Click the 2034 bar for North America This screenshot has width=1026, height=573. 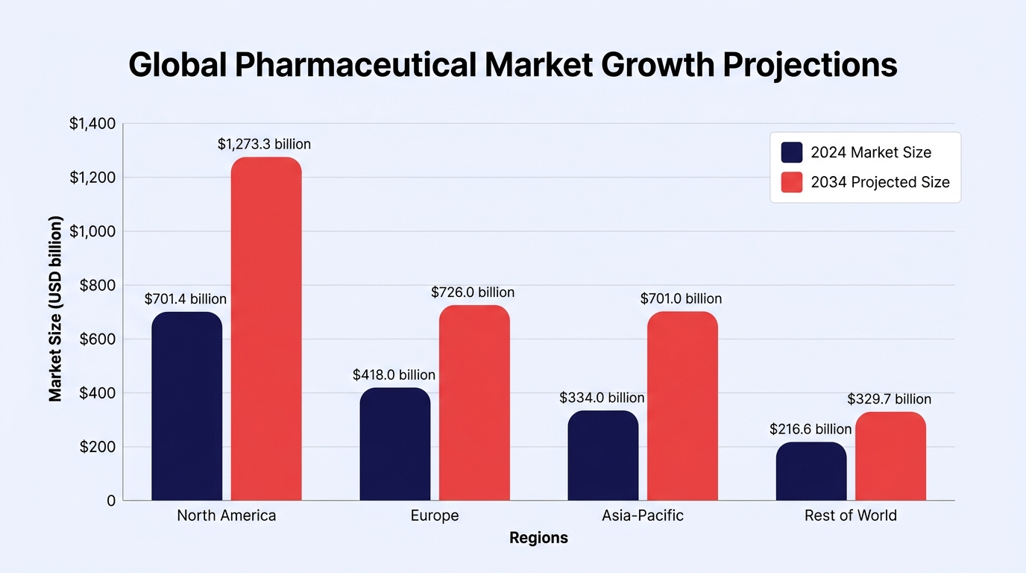pyautogui.click(x=266, y=329)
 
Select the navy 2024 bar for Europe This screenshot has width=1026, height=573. pyautogui.click(x=395, y=444)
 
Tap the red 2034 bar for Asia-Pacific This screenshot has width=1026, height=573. pyautogui.click(x=682, y=406)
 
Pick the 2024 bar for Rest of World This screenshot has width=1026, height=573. pyautogui.click(x=811, y=472)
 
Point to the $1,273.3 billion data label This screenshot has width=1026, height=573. pyautogui.click(x=264, y=145)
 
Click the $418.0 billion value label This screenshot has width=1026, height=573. pyautogui.click(x=394, y=375)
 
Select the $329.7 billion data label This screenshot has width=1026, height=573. pyautogui.click(x=889, y=399)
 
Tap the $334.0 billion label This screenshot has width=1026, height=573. pyautogui.click(x=602, y=398)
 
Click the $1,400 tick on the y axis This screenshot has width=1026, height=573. pyautogui.click(x=92, y=123)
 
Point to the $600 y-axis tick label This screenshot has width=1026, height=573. pyautogui.click(x=98, y=339)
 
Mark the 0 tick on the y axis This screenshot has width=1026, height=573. pyautogui.click(x=111, y=501)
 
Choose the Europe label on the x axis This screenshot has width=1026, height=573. pyautogui.click(x=435, y=516)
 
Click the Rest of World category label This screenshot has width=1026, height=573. pyautogui.click(x=851, y=516)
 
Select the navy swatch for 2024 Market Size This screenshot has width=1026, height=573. pyautogui.click(x=792, y=152)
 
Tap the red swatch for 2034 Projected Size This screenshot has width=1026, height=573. pyautogui.click(x=792, y=182)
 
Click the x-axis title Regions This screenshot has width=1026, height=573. pyautogui.click(x=538, y=538)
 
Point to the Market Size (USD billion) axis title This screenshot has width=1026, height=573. pyautogui.click(x=55, y=309)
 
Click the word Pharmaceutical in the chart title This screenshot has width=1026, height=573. pyautogui.click(x=356, y=65)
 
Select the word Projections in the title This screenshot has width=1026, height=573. pyautogui.click(x=810, y=66)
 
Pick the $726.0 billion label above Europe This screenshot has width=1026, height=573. pyautogui.click(x=473, y=292)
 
